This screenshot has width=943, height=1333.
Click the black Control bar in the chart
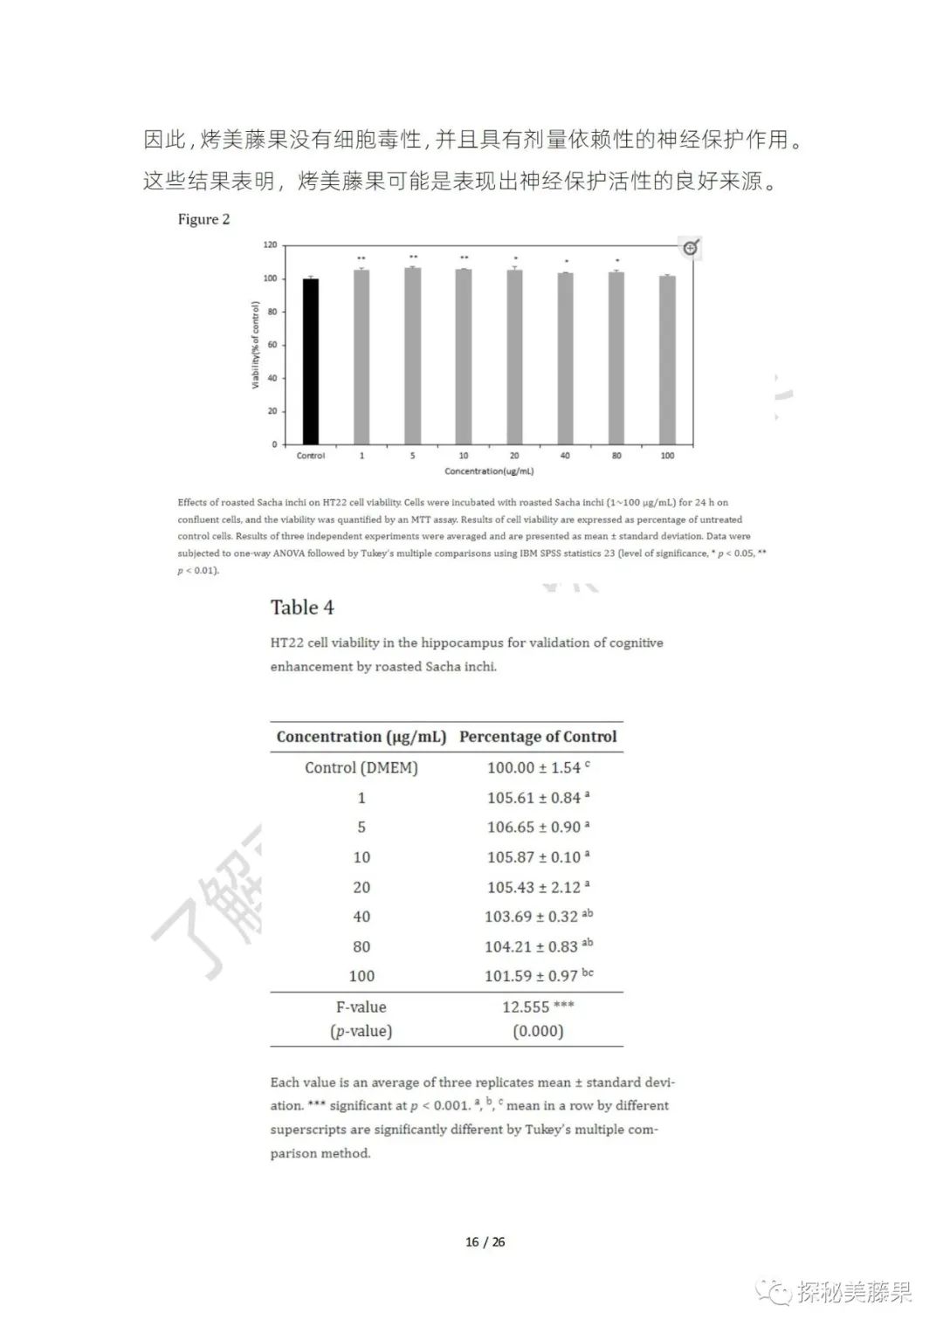click(x=310, y=361)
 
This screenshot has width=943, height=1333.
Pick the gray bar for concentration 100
click(x=667, y=360)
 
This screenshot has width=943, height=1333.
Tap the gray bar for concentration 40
click(x=565, y=359)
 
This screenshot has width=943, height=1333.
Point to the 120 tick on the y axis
click(x=270, y=245)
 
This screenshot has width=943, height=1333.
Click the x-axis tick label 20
click(x=514, y=456)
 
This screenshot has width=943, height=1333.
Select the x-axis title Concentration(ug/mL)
click(x=489, y=471)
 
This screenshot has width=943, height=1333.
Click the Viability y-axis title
click(x=256, y=345)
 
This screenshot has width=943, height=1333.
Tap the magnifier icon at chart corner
click(x=691, y=248)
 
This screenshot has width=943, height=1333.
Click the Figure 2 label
click(x=203, y=219)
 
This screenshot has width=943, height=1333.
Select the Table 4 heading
click(x=302, y=608)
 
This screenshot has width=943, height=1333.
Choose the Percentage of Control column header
click(x=538, y=737)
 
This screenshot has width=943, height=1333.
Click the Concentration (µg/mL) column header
click(x=361, y=737)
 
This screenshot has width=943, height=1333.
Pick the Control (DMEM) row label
click(x=361, y=768)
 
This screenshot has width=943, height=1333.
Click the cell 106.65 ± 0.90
click(x=533, y=828)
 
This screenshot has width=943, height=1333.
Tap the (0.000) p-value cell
click(x=538, y=1032)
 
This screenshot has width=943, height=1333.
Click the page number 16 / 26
click(x=485, y=1242)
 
